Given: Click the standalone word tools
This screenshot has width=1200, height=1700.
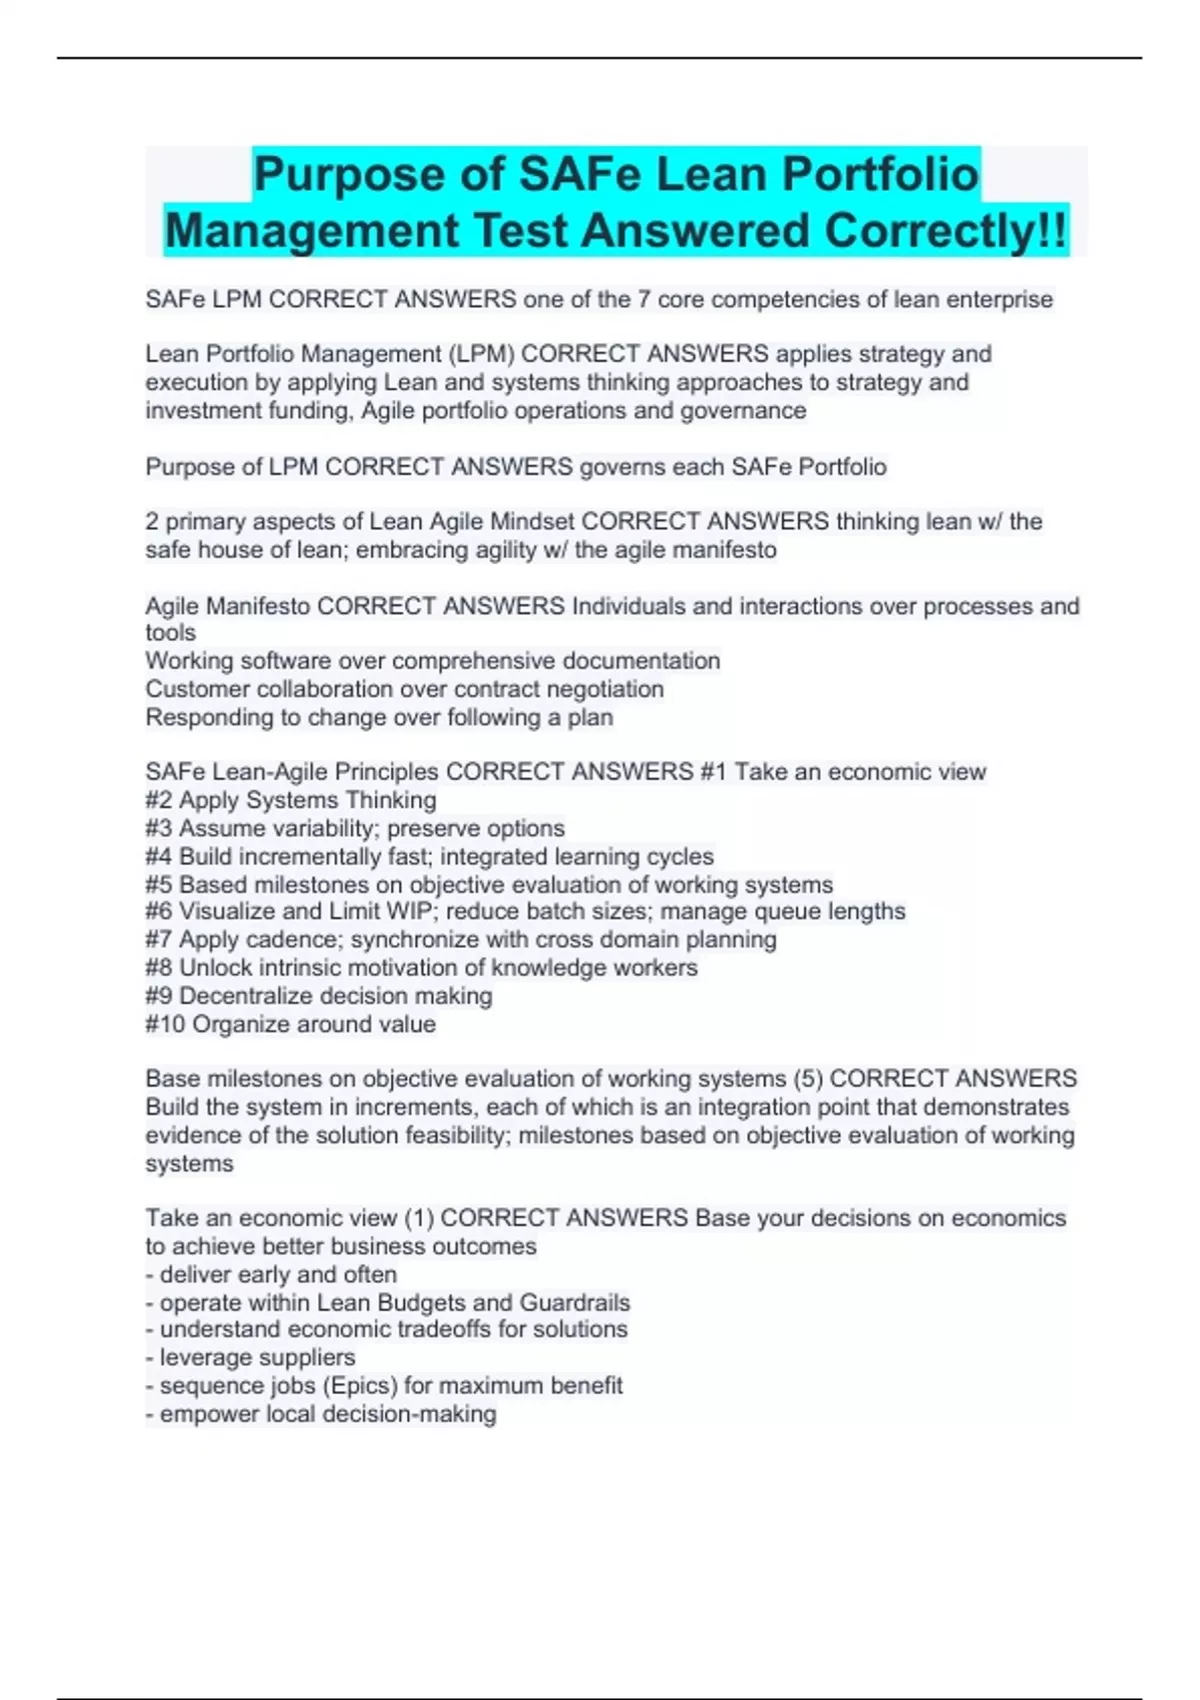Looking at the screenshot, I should pyautogui.click(x=171, y=633).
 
